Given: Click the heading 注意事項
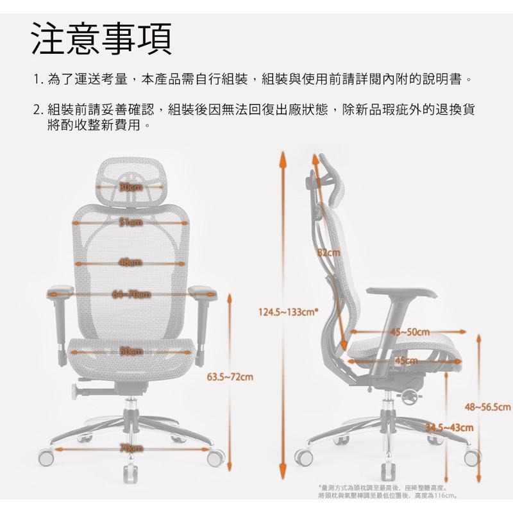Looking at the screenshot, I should [101, 39].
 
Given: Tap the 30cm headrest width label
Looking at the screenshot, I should [131, 187].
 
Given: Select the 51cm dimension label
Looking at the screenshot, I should [131, 223].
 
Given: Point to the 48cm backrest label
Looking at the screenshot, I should [131, 261].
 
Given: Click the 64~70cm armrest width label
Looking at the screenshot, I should [131, 294].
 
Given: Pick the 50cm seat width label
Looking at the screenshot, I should [131, 351].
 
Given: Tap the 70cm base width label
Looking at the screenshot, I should [131, 448].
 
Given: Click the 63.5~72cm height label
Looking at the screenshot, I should [230, 375].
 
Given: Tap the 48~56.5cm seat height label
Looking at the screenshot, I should [487, 407].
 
